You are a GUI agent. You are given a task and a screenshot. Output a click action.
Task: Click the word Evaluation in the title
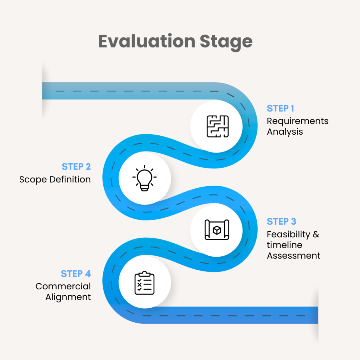147,41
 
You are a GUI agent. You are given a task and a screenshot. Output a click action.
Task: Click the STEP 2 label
76,166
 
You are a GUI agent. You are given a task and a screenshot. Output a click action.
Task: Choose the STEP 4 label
76,274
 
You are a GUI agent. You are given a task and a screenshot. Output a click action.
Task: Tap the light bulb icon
144,179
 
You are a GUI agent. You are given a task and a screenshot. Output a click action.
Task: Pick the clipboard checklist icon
144,283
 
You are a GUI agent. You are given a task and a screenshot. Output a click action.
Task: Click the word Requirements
297,121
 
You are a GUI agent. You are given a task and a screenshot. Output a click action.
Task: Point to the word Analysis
285,132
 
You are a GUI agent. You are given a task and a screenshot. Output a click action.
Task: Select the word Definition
70,179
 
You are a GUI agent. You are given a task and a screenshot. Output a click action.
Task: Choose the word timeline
284,245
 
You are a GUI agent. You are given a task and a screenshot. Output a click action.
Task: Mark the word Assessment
294,256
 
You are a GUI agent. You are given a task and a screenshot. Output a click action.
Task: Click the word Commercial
63,287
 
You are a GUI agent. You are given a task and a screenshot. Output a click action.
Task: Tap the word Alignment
68,297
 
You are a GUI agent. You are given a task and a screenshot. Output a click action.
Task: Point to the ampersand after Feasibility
316,234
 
